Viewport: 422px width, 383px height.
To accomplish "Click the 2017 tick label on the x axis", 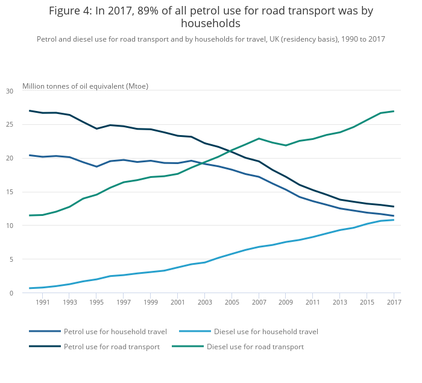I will pyautogui.click(x=394, y=303).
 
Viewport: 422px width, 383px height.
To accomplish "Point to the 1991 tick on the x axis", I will pyautogui.click(x=42, y=303).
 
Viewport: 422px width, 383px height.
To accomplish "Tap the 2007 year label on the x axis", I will pyautogui.click(x=259, y=303).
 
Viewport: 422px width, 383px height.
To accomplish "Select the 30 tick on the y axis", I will pyautogui.click(x=9, y=91).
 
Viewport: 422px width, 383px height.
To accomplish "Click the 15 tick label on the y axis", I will pyautogui.click(x=9, y=192).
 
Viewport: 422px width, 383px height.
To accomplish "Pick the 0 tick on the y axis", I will pyautogui.click(x=11, y=293).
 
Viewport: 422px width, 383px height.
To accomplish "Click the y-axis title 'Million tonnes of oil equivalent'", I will pyautogui.click(x=85, y=86).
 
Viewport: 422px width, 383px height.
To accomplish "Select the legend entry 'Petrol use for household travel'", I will pyautogui.click(x=115, y=331).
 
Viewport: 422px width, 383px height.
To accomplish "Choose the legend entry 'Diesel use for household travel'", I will pyautogui.click(x=266, y=331).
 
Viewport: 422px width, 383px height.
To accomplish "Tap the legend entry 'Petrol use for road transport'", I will pyautogui.click(x=112, y=347).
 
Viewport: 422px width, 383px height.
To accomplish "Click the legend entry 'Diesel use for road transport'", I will pyautogui.click(x=255, y=347).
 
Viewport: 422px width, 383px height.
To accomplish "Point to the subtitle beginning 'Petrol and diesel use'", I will pyautogui.click(x=210, y=39).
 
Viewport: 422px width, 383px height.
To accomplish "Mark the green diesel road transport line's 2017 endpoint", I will pyautogui.click(x=394, y=111).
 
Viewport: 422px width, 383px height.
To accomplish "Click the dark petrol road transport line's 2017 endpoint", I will pyautogui.click(x=394, y=206).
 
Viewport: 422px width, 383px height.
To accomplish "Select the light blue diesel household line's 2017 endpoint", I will pyautogui.click(x=394, y=220).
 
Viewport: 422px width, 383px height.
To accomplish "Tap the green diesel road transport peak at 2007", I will pyautogui.click(x=259, y=139).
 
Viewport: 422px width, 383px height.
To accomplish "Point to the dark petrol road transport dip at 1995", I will pyautogui.click(x=96, y=128).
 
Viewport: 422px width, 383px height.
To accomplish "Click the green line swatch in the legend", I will pyautogui.click(x=187, y=347).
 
